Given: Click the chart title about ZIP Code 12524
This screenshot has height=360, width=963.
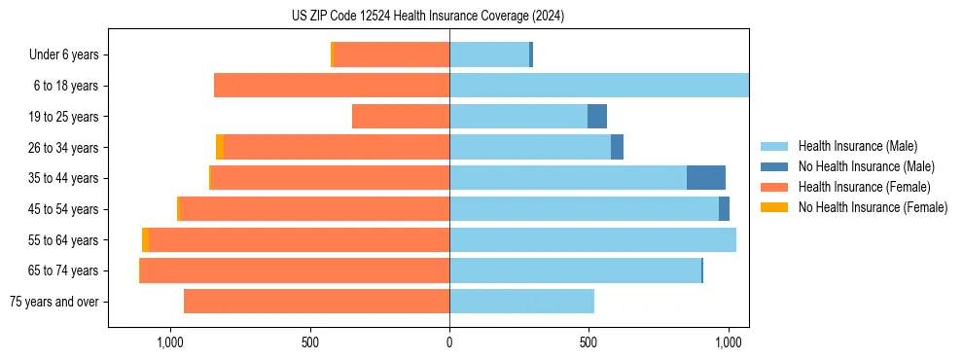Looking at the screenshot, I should pyautogui.click(x=428, y=16).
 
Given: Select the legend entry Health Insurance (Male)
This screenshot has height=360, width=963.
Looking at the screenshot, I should pyautogui.click(x=857, y=146).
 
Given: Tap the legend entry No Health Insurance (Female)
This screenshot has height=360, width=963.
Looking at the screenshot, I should pyautogui.click(x=873, y=207).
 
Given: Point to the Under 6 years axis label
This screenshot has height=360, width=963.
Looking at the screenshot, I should pyautogui.click(x=63, y=54).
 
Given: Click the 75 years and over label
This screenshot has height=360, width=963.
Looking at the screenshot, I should pyautogui.click(x=53, y=302).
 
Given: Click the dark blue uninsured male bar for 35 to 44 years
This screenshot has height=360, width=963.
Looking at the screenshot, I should pyautogui.click(x=706, y=178).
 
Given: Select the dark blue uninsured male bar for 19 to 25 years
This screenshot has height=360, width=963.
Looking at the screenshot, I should pyautogui.click(x=597, y=117).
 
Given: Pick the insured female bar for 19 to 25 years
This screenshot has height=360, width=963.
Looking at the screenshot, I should pyautogui.click(x=401, y=117).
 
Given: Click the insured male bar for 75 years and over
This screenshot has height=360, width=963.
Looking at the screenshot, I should pyautogui.click(x=521, y=302).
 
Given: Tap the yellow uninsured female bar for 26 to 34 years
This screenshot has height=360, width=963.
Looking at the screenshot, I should pyautogui.click(x=220, y=147).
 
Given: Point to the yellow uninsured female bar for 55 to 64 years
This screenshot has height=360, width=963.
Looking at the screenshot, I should pyautogui.click(x=146, y=239).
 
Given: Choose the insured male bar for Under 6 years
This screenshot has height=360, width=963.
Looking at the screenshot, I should pyautogui.click(x=489, y=54).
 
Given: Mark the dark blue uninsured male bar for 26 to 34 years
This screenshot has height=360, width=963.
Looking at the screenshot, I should pyautogui.click(x=617, y=147).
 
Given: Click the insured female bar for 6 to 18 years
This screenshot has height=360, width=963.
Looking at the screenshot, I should pyautogui.click(x=332, y=86).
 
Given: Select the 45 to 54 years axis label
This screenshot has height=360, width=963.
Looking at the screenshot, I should pyautogui.click(x=63, y=209).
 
